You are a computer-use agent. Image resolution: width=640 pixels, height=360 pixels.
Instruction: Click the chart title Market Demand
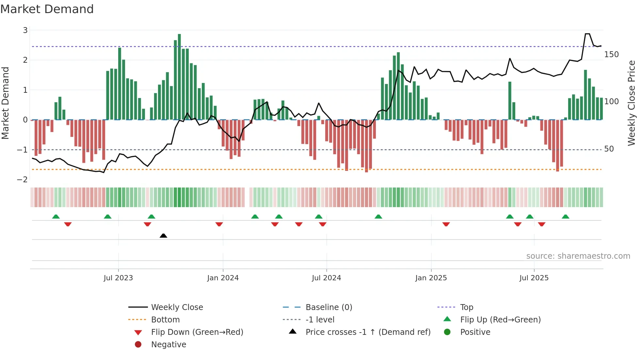click(47, 9)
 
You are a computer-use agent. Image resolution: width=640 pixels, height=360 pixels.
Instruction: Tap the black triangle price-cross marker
click(163, 236)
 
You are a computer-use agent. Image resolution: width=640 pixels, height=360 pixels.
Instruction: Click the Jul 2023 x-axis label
click(118, 278)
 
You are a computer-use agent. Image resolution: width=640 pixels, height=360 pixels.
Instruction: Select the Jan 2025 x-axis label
click(431, 278)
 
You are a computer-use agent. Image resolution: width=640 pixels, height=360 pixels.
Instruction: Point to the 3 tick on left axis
click(25, 30)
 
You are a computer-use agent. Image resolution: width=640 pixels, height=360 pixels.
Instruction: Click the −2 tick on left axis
click(22, 180)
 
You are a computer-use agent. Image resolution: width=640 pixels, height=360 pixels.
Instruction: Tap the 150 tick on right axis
click(611, 55)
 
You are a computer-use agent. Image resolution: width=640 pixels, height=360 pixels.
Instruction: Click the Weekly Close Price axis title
click(632, 103)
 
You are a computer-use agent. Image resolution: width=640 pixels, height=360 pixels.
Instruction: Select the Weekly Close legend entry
click(177, 307)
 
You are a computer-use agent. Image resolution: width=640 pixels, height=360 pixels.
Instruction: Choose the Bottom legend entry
click(165, 320)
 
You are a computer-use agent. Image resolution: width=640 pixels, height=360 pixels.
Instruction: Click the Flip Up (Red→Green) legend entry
click(500, 320)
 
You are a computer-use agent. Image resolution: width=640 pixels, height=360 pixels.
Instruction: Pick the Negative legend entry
click(168, 345)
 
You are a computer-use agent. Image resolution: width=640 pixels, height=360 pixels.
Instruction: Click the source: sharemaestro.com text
click(578, 256)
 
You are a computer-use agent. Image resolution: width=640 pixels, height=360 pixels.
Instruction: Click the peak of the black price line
click(587, 34)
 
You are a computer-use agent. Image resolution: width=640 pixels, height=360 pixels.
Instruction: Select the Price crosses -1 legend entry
click(368, 332)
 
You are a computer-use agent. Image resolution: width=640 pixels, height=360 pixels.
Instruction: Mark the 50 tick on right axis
click(609, 149)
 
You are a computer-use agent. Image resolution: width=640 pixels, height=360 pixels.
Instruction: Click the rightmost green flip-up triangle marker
click(566, 217)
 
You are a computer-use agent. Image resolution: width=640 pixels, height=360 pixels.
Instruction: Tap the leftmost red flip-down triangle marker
click(68, 224)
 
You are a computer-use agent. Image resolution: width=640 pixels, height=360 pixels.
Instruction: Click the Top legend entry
click(466, 307)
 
